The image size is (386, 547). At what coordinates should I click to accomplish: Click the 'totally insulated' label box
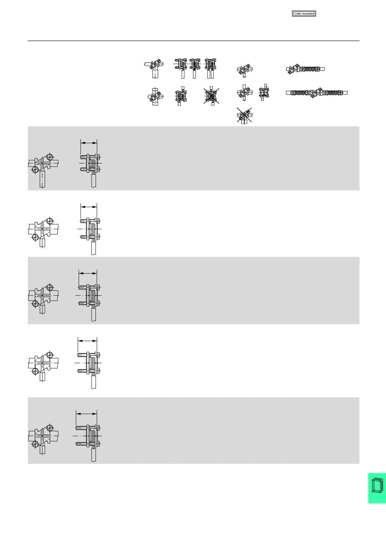304,14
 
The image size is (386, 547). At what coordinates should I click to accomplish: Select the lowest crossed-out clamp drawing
244,115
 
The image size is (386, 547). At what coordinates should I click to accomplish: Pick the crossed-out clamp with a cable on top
211,95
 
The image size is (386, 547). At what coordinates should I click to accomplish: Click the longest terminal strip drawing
317,93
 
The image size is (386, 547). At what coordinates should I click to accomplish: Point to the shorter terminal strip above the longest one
305,69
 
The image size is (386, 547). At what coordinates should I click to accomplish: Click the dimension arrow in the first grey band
89,143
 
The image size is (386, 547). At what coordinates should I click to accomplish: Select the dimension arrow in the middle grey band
88,273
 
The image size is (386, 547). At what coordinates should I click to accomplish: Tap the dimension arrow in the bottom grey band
86,414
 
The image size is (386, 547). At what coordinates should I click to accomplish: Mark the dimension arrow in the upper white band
89,207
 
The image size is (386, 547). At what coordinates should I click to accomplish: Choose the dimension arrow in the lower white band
87,341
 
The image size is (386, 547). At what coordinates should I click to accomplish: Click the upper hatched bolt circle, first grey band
50,157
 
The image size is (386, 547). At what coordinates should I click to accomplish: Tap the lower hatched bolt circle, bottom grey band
35,444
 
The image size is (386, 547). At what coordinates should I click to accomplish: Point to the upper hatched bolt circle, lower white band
50,355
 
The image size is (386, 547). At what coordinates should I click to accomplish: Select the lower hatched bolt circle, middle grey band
35,303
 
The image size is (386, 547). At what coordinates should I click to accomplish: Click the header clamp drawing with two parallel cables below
210,68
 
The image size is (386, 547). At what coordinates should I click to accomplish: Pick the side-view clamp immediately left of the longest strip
264,92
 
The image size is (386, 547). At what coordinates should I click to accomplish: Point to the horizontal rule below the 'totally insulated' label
193,41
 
